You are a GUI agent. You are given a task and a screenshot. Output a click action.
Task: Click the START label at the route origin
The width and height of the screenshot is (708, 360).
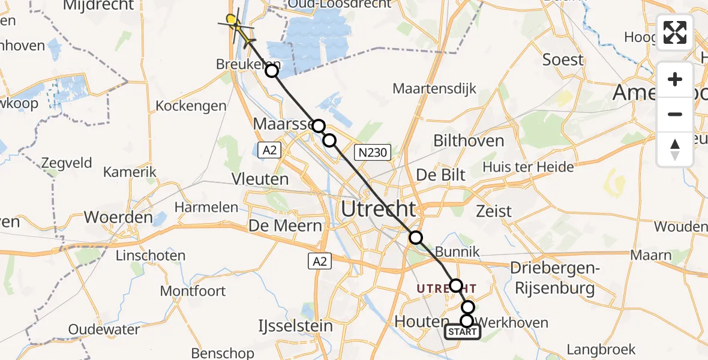(462, 332)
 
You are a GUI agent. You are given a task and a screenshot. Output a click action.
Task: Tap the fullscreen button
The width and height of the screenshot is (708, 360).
(675, 32)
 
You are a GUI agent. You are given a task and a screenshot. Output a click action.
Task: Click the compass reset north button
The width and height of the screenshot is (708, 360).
(675, 149)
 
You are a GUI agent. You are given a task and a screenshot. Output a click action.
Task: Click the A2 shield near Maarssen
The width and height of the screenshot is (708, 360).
(269, 151)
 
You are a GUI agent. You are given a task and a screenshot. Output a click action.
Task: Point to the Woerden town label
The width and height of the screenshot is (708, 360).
(118, 217)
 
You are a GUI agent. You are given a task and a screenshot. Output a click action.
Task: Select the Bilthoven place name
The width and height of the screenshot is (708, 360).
(468, 141)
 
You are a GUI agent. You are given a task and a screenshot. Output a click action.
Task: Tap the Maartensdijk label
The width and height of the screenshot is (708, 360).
(434, 89)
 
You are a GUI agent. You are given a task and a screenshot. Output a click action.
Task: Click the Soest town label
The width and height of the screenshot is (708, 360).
(563, 60)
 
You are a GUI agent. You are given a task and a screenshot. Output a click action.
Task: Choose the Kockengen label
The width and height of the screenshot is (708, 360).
(191, 106)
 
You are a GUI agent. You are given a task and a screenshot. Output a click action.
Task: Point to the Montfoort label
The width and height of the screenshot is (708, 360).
(193, 291)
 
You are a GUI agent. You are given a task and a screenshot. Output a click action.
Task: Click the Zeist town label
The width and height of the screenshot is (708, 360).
(493, 211)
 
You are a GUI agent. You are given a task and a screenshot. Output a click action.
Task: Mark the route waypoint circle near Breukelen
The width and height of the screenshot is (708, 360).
(272, 71)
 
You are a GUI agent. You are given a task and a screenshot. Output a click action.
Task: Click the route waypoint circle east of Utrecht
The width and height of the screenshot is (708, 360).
(416, 238)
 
